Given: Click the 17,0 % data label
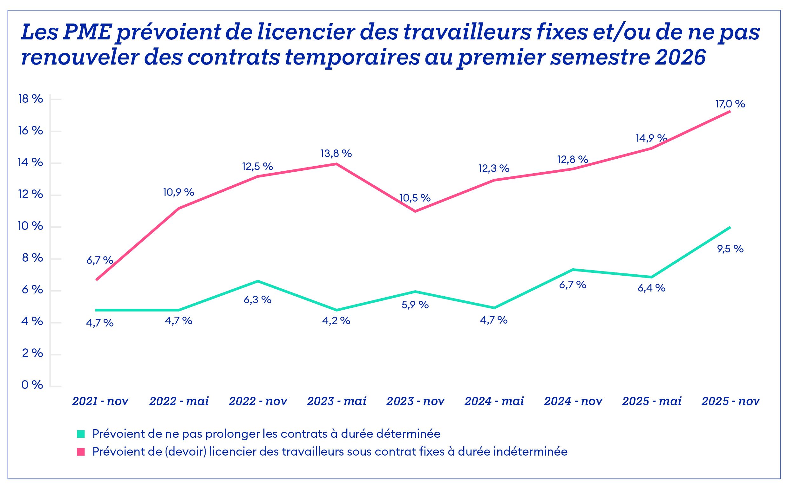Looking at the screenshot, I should [730, 104].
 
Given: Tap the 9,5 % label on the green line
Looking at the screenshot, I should [730, 249].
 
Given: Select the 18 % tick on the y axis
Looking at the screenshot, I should [31, 99].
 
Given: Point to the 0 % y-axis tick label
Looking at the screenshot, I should [32, 385].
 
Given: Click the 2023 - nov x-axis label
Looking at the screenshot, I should [415, 401].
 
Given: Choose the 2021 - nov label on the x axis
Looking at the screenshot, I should [100, 401].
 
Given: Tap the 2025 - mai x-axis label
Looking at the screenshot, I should [652, 401].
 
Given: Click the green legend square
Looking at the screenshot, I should [81, 434].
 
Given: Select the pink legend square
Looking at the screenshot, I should [81, 452].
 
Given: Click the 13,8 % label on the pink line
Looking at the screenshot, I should [336, 154].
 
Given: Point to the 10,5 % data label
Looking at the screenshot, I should [415, 198].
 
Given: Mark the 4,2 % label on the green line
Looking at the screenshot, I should [336, 321].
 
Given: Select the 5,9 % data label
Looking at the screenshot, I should [415, 305].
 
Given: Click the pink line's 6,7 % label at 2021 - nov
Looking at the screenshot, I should [100, 260].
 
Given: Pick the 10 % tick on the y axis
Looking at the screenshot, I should [30, 226].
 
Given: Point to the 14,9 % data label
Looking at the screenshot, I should [651, 138].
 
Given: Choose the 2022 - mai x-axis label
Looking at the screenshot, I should [179, 401].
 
